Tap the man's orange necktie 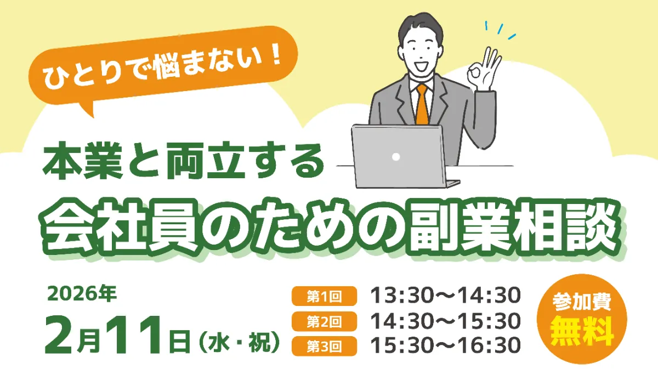pos(422,104)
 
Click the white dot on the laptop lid pos(396,156)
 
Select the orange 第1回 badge pos(324,297)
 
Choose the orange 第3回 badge pos(324,345)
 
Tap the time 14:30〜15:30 pos(445,321)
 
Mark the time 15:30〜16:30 pos(445,345)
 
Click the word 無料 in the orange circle pos(582,331)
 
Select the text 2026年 pos(82,294)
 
